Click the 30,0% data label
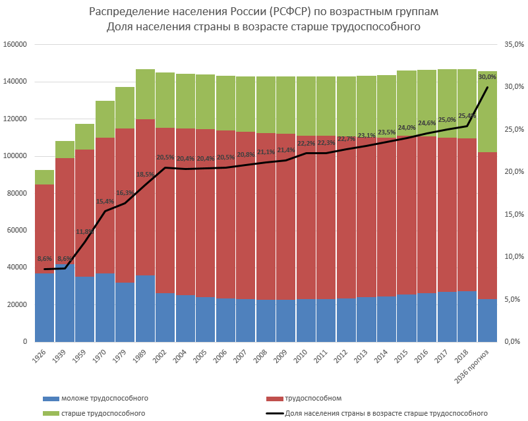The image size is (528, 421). (x=488, y=77)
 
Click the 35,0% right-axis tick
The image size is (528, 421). (x=512, y=45)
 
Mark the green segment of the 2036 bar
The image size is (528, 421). (x=487, y=112)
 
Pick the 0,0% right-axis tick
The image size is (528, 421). (x=514, y=342)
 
